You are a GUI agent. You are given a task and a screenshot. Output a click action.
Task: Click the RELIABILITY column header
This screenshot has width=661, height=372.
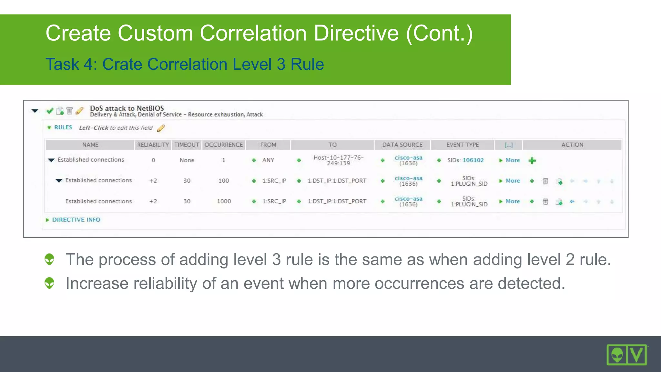[x=153, y=145]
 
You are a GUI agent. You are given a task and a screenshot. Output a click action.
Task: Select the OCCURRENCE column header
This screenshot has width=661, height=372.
[x=224, y=145]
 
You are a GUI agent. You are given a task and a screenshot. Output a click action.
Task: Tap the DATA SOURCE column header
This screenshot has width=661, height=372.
[x=402, y=145]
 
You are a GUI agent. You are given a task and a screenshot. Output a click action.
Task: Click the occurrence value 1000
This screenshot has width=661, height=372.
[x=224, y=201]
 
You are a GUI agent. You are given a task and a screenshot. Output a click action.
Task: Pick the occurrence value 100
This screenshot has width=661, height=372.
[x=224, y=181]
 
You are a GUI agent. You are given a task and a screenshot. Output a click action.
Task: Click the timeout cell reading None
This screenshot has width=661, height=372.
[x=187, y=160]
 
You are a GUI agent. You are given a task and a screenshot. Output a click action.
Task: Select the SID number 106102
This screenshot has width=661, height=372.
[x=473, y=160]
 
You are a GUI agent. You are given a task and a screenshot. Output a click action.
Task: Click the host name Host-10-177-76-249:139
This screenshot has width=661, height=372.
[x=338, y=160]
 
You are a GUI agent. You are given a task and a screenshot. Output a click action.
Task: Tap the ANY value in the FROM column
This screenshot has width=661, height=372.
[x=268, y=160]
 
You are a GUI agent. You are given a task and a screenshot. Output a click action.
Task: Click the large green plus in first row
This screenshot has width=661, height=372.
[x=532, y=160]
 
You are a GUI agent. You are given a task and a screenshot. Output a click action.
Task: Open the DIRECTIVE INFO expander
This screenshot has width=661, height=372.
[x=76, y=220]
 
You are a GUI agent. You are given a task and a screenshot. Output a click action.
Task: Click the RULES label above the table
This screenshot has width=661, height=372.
[x=63, y=127]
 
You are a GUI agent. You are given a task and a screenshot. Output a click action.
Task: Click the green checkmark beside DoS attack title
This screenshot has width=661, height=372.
[x=50, y=111]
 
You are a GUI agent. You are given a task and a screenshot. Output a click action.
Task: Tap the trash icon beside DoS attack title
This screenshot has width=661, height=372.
[x=69, y=111]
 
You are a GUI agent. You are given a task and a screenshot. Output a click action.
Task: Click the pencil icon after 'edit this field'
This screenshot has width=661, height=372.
[x=161, y=128]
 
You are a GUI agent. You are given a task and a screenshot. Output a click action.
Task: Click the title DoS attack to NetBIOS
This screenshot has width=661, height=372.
[x=127, y=108]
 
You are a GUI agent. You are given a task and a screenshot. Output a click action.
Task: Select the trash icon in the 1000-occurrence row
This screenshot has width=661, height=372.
[x=545, y=201]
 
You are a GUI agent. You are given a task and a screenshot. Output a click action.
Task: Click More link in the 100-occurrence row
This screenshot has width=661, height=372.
[x=513, y=181]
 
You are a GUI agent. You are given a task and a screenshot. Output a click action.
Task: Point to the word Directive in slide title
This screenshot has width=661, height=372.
[x=356, y=33]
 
